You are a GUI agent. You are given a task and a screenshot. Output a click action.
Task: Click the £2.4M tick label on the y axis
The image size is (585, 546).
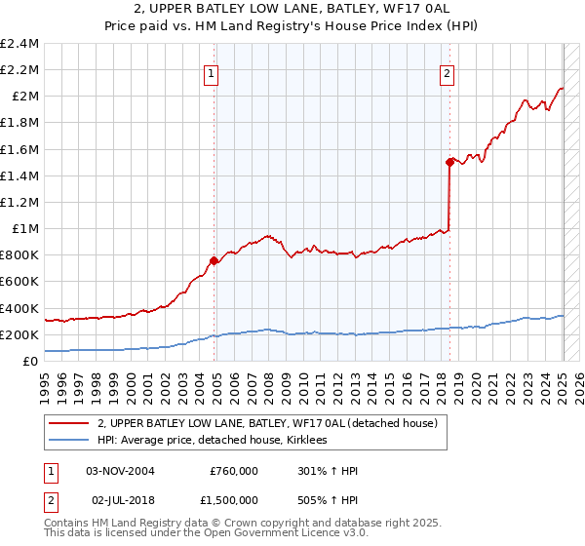(19, 44)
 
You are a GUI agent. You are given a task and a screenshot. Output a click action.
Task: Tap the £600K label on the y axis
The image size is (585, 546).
(19, 282)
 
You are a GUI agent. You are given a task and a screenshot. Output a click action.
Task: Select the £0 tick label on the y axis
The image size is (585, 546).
(32, 361)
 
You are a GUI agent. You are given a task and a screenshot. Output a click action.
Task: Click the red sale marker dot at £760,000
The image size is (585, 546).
(214, 260)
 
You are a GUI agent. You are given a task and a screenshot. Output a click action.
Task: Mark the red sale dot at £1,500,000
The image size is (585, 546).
(449, 162)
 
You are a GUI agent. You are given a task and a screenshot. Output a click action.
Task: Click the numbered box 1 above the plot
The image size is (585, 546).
(212, 71)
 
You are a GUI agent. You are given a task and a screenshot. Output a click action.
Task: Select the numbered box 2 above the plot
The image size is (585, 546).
(447, 71)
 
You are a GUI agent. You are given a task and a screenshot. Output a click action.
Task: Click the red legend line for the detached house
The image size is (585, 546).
(69, 423)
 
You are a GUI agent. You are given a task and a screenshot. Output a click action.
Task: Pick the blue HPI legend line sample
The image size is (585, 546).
(69, 440)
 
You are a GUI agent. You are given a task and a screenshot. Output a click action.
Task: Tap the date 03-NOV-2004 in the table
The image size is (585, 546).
(121, 471)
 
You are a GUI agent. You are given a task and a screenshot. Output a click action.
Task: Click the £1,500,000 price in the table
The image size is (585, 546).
(233, 498)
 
